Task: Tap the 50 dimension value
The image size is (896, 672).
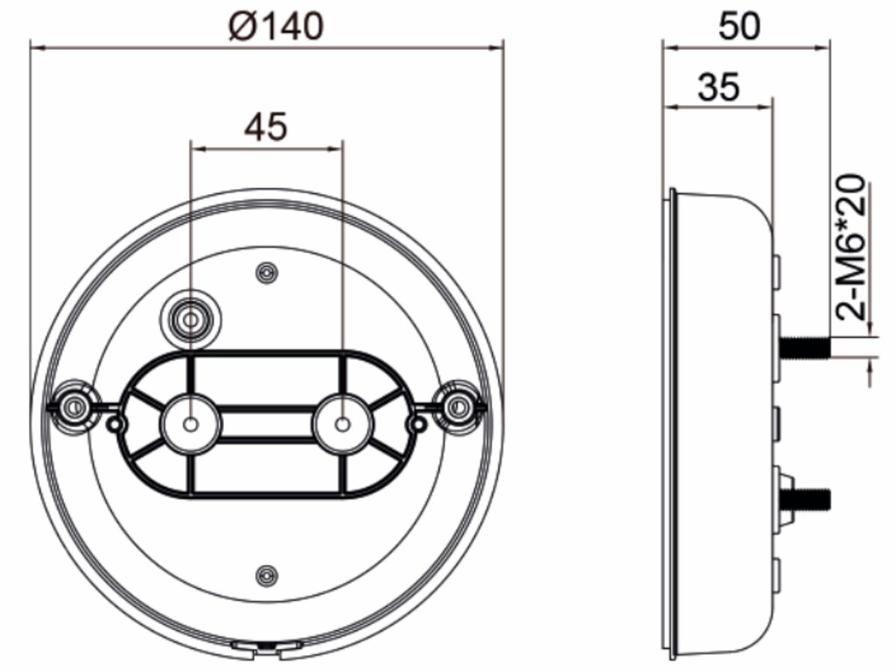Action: [739, 25]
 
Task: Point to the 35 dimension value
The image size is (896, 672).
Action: [718, 87]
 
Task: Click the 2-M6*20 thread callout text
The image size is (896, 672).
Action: [852, 247]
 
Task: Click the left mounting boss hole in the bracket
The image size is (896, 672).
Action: [192, 424]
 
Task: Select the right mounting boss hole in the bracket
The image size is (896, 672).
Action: [343, 424]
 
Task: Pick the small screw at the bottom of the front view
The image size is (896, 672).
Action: [266, 575]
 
